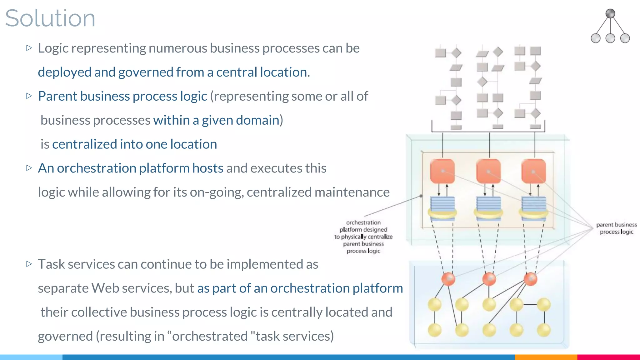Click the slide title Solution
tap(50, 18)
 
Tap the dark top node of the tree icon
tap(610, 13)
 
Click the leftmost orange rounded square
tap(442, 171)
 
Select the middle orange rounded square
tap(488, 171)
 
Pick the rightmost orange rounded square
tap(533, 171)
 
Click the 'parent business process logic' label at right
tap(616, 228)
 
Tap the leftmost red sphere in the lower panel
tap(448, 279)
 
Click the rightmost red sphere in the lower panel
tap(530, 279)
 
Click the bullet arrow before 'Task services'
tap(29, 264)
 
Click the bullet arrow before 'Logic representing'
tap(29, 48)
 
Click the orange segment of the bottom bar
tap(546, 357)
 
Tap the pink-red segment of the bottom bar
tap(608, 357)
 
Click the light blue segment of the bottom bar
tap(31, 357)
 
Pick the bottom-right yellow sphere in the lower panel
tap(543, 330)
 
